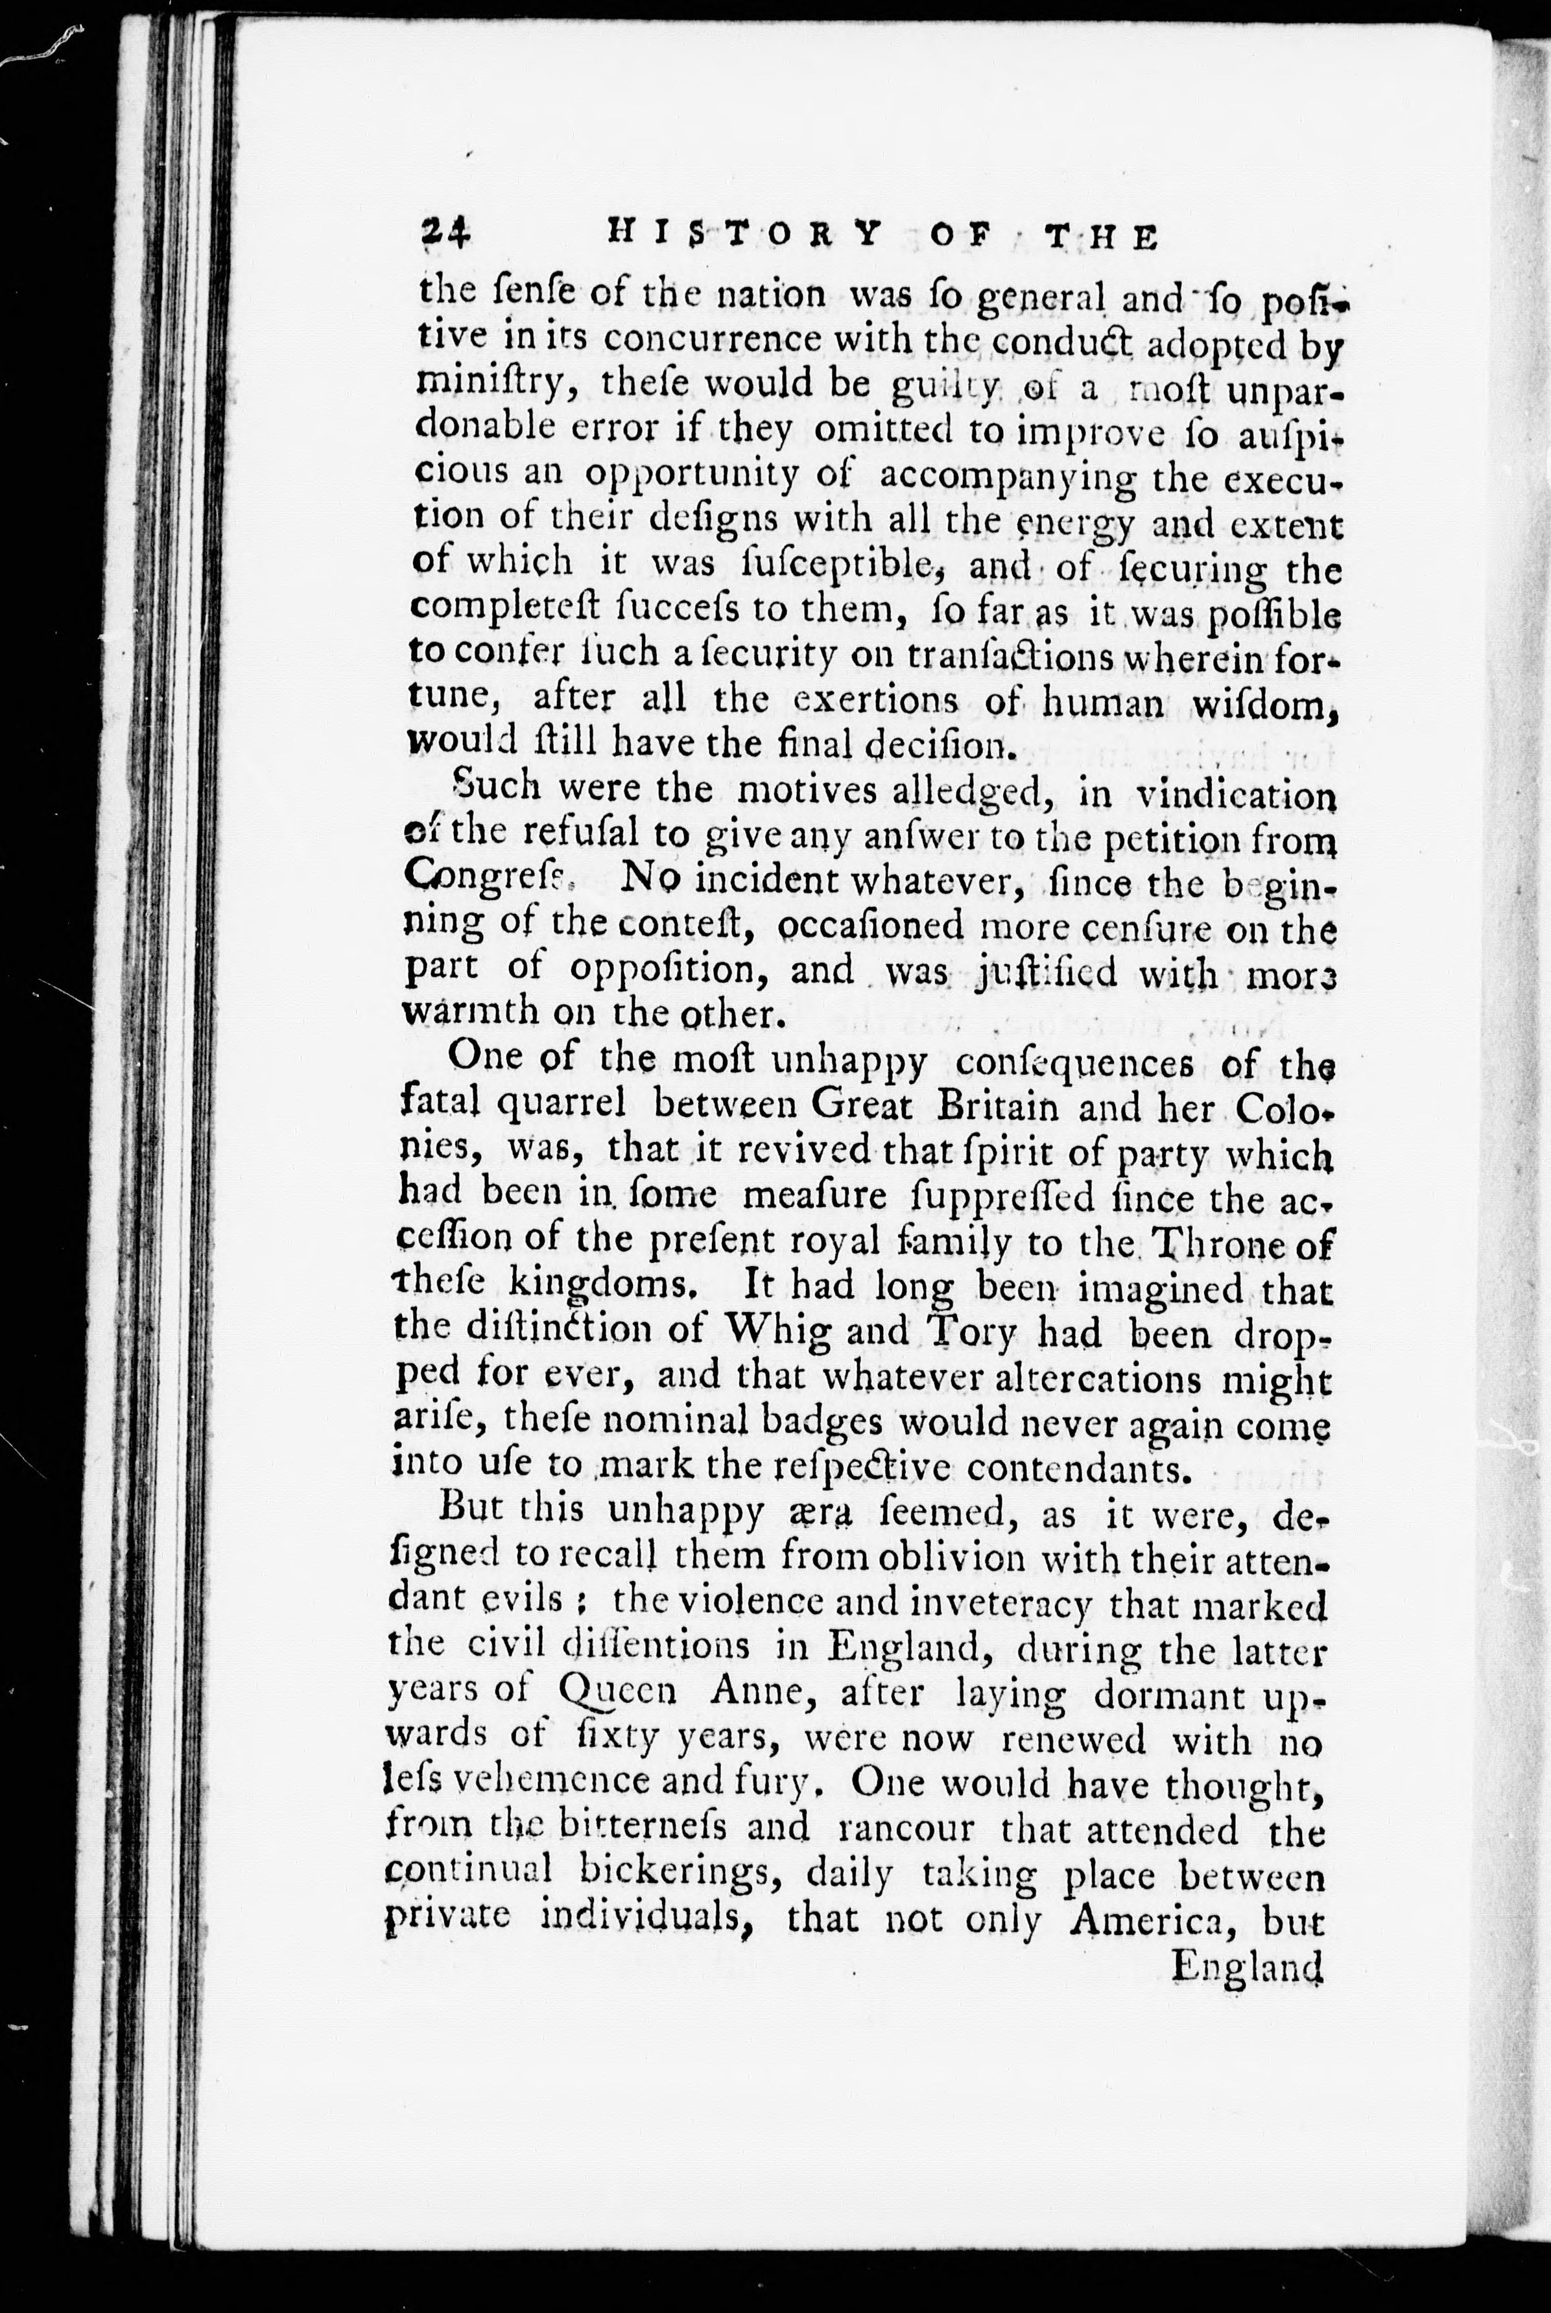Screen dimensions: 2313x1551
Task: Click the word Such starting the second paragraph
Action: (x=497, y=788)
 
